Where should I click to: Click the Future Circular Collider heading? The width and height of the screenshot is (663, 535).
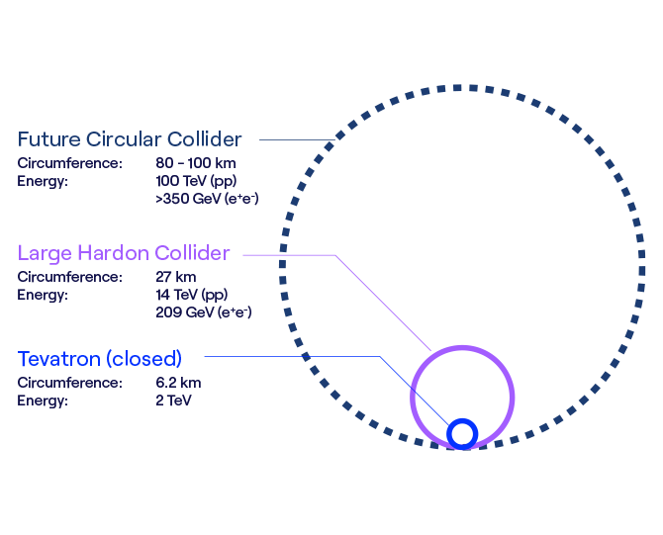(130, 139)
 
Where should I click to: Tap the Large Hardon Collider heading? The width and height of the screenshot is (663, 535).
(124, 253)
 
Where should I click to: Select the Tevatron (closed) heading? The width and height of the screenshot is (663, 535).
(100, 359)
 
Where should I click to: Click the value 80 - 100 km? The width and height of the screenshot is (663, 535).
(196, 163)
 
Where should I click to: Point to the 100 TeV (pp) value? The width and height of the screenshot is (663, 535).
(196, 181)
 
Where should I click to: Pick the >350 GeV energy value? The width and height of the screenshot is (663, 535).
(207, 199)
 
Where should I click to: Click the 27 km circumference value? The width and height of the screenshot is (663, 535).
(176, 277)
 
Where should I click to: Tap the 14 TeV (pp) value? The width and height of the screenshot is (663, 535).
(192, 295)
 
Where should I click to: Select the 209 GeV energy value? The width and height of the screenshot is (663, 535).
(204, 312)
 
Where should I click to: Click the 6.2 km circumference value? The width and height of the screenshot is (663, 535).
(178, 383)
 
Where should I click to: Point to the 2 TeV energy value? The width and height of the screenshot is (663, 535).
(173, 401)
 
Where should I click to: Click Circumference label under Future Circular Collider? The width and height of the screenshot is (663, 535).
(70, 163)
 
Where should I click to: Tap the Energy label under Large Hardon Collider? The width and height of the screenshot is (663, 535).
(43, 296)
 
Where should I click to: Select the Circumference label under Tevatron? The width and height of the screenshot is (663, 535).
(70, 383)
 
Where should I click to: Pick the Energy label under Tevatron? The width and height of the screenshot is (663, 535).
(43, 401)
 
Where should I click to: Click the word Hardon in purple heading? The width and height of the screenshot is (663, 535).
(113, 253)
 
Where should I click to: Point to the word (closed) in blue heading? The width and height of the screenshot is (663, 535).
(144, 359)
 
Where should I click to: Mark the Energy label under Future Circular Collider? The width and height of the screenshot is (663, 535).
(43, 182)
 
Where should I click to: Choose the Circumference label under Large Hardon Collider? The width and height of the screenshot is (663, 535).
(70, 277)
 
